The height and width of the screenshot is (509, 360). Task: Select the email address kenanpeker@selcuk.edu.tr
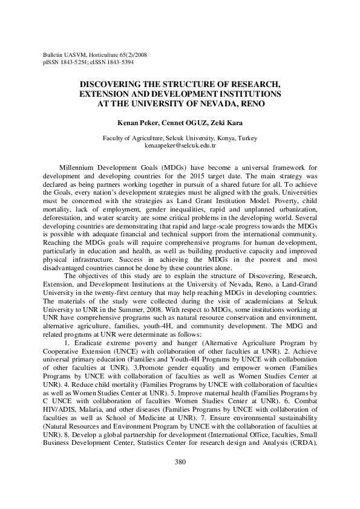180,146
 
